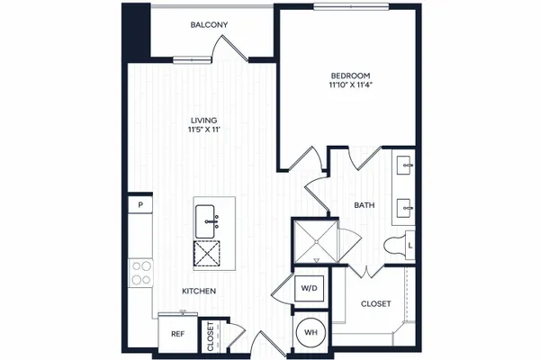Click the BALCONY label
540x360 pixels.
pos(209,25)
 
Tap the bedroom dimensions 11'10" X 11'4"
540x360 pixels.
pos(351,85)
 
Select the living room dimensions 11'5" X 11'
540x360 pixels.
pos(204,130)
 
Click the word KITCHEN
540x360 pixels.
pos(199,291)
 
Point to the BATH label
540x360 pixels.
pos(364,205)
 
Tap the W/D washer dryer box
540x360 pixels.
pos(309,288)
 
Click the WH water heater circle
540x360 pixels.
pos(310,332)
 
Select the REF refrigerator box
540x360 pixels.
pos(177,334)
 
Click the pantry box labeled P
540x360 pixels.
pos(140,205)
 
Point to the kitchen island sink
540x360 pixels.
pos(205,221)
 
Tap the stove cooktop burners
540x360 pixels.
pos(140,273)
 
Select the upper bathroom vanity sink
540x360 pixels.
pos(404,165)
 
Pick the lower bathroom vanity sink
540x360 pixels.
pos(404,208)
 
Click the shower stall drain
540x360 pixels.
pos(316,242)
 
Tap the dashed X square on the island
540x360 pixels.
pos(207,254)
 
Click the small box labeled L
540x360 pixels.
pos(410,246)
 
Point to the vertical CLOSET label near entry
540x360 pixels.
pos(211,337)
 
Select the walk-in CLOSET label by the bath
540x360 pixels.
pos(375,304)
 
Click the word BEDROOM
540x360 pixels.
pos(351,76)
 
